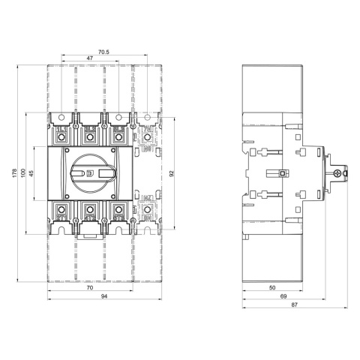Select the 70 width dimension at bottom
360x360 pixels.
pyautogui.click(x=89, y=288)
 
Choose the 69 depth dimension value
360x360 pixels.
pyautogui.click(x=283, y=298)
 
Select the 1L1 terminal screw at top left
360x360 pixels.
pyautogui.click(x=61, y=137)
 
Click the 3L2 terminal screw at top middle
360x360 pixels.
pyautogui.click(x=90, y=137)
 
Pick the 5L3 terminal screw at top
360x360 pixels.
pyautogui.click(x=118, y=137)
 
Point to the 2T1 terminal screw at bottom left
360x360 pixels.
pyautogui.click(x=61, y=210)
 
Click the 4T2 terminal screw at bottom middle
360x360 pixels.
pyautogui.click(x=90, y=210)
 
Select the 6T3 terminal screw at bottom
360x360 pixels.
pyautogui.click(x=118, y=210)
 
